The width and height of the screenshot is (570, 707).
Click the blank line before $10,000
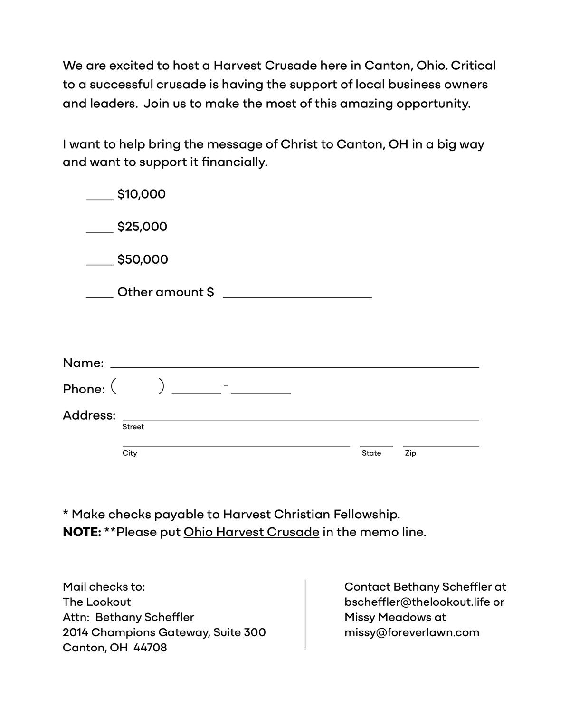[x=100, y=199]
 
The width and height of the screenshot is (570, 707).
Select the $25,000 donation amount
[x=142, y=227]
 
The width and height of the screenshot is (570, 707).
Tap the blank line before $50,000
[x=100, y=264]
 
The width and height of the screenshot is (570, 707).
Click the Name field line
[x=294, y=366]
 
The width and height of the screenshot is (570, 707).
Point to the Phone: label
[x=84, y=389]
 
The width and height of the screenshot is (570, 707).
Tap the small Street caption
[x=133, y=427]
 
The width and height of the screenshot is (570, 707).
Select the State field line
[x=376, y=446]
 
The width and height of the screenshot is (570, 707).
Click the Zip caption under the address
[x=410, y=453]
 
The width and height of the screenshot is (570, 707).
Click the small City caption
[x=130, y=453]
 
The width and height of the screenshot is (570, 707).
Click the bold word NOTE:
[x=82, y=532]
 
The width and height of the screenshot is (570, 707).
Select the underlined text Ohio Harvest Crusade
[x=251, y=532]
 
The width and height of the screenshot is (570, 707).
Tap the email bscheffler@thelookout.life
[x=417, y=602]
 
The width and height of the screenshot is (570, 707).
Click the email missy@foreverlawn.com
[x=412, y=632]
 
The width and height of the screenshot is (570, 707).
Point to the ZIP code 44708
[x=150, y=648]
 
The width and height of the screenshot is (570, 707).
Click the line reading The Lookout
[x=97, y=602]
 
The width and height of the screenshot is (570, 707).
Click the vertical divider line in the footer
[x=305, y=614]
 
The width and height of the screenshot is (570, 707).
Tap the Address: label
[x=89, y=415]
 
